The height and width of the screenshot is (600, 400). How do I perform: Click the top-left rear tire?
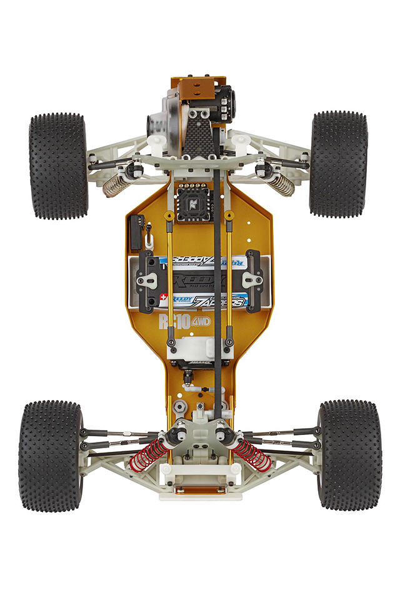coord(58,166)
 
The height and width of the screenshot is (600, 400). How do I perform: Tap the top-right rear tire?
coord(338,164)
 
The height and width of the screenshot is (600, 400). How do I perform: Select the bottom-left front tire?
coord(51,455)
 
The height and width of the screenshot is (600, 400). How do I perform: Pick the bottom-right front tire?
coord(349,454)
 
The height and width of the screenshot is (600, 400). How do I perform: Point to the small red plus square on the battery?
coord(164,297)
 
